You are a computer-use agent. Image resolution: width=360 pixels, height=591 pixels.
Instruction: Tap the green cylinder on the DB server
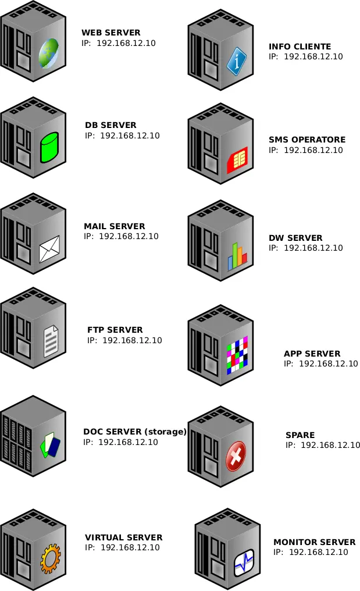tap(49, 148)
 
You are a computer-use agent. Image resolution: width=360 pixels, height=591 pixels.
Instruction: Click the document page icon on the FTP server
tap(51, 341)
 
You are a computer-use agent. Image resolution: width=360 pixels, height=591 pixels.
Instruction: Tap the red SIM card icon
tap(237, 159)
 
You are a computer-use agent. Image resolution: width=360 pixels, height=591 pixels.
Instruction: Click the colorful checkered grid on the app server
tap(237, 354)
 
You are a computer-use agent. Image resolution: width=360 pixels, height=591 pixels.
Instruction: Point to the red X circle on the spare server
tap(236, 456)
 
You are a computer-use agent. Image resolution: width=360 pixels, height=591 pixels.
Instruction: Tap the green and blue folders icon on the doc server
tap(49, 444)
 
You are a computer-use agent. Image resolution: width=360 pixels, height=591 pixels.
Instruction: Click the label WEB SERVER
tap(111, 33)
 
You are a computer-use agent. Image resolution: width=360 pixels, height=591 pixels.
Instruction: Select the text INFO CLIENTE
tap(300, 47)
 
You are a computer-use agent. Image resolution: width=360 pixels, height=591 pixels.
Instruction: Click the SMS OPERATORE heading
tap(306, 140)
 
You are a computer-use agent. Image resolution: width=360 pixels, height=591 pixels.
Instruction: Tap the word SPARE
tap(300, 435)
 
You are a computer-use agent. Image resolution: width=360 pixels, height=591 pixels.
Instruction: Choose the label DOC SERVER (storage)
tap(134, 432)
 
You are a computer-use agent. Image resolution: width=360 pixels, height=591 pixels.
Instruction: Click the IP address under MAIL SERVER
tap(121, 237)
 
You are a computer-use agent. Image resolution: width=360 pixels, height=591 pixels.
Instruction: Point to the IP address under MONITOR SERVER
tap(311, 552)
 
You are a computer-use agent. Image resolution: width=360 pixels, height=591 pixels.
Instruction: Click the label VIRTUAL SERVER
tap(123, 537)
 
